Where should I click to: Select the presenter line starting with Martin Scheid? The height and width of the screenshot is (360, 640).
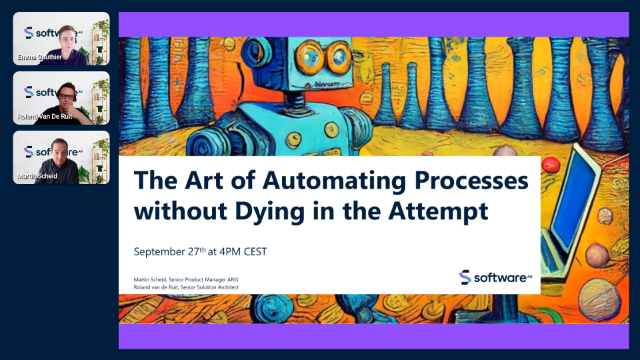point(193,280)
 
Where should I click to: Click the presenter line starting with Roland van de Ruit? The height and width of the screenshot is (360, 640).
point(193,288)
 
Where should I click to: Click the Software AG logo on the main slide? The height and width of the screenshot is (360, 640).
point(493,277)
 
